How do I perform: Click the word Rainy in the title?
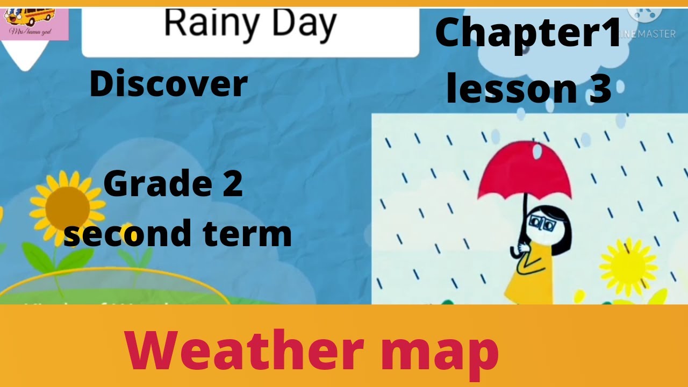206,24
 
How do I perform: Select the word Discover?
168,84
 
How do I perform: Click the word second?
128,234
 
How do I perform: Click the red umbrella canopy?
524,169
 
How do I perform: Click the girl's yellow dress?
529,279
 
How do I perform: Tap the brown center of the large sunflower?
68,209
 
